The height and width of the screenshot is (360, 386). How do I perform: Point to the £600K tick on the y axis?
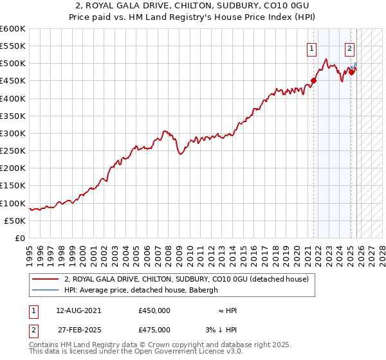tap(13, 29)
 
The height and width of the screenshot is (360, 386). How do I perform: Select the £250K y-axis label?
tap(13, 150)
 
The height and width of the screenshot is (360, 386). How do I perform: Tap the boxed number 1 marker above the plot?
tap(312, 47)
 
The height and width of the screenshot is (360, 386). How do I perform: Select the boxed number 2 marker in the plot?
tap(349, 47)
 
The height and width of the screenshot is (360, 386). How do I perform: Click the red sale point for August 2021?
tap(314, 81)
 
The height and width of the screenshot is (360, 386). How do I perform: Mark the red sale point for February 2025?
tap(351, 72)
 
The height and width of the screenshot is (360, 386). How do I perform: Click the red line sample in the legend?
tap(46, 280)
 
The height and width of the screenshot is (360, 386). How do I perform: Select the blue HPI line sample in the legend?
tap(46, 290)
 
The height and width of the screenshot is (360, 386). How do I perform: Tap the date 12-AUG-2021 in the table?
tap(78, 310)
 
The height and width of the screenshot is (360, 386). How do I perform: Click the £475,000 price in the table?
tap(154, 330)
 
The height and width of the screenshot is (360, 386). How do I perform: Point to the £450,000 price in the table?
tap(154, 310)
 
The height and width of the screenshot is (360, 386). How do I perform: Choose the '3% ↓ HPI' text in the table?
tap(221, 330)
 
